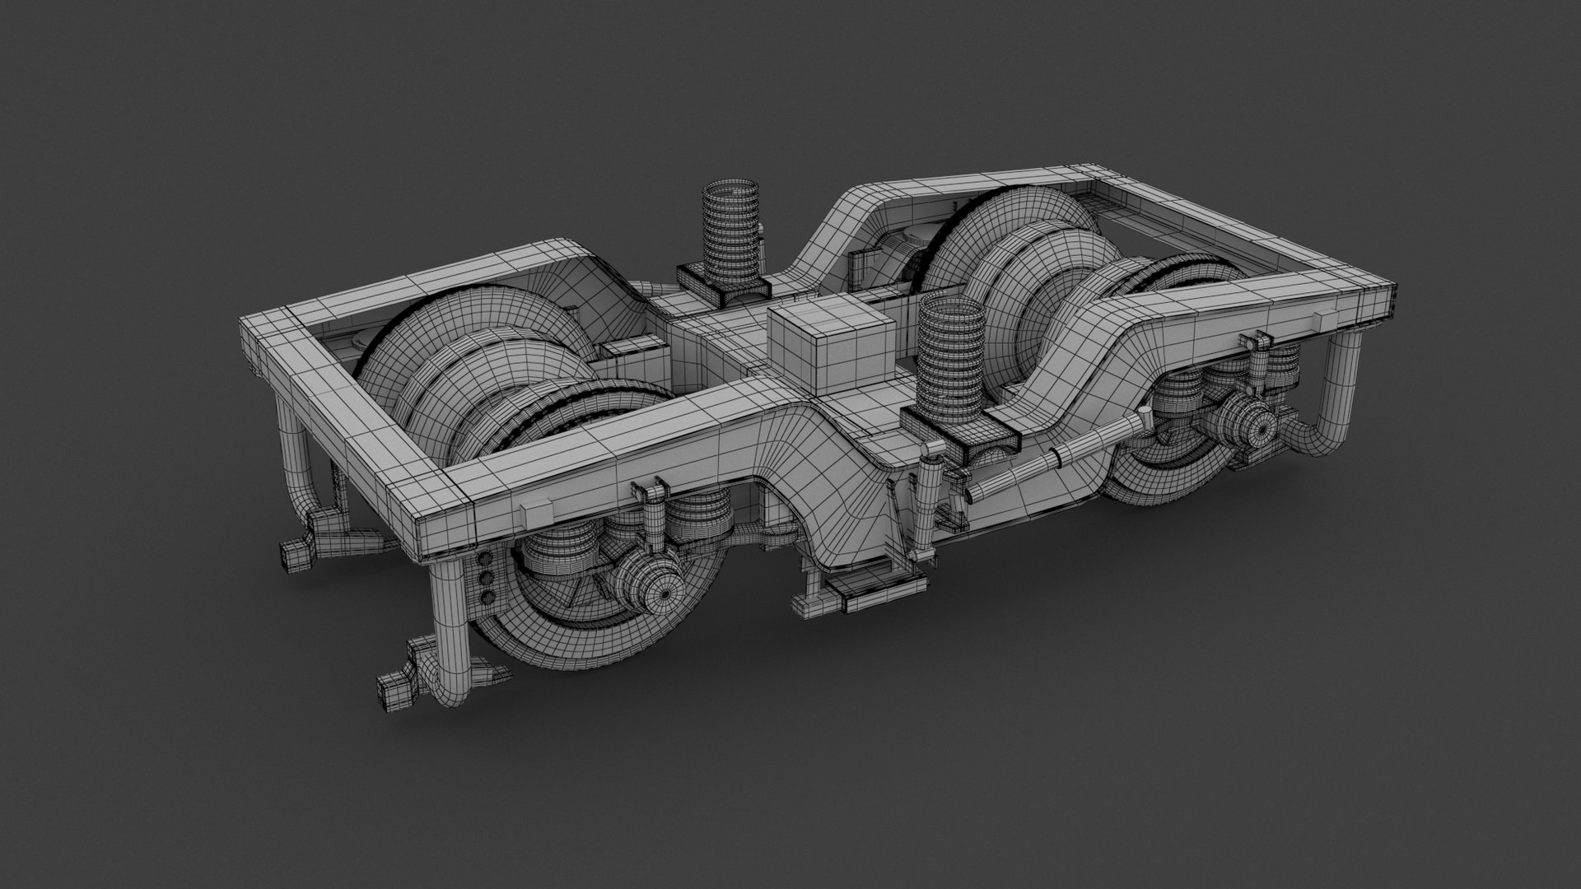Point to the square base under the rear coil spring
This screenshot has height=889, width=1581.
coord(723,284)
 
